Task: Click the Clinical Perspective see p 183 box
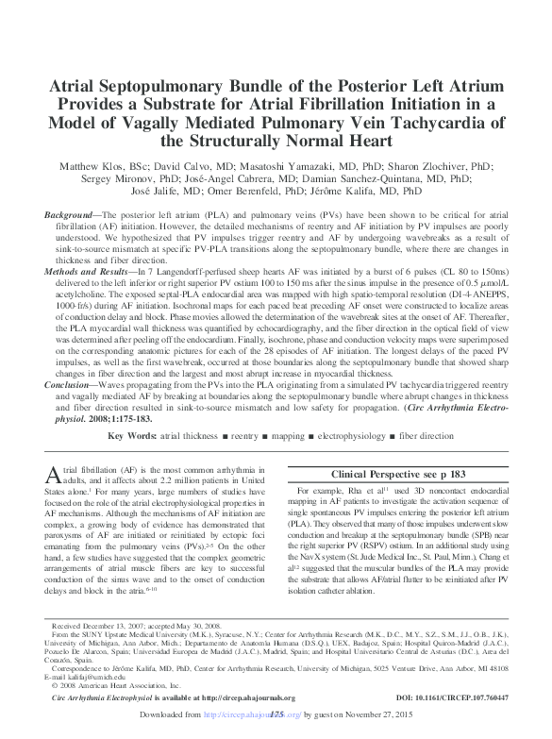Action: click(x=402, y=474)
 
